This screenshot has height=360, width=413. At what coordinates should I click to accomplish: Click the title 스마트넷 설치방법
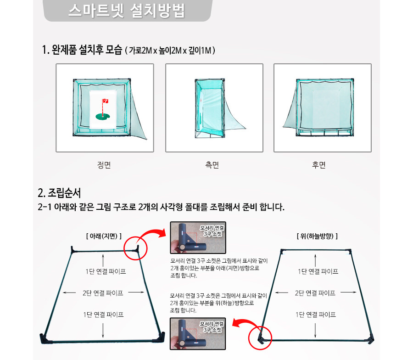point(127,11)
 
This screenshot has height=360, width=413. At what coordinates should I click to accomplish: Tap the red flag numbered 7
point(106,101)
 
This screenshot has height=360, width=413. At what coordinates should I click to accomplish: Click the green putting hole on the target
point(102,116)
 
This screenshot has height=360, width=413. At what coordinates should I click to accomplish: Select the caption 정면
point(104,165)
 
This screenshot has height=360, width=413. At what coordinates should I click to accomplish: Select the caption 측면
point(212,165)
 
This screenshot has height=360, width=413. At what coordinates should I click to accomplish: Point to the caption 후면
point(319,165)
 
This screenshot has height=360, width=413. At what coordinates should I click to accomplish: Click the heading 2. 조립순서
point(59,193)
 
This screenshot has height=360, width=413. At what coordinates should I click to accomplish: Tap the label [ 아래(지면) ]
point(104,236)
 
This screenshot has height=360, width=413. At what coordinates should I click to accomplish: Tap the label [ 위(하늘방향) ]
point(317,236)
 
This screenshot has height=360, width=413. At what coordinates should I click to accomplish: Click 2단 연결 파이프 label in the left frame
point(103,293)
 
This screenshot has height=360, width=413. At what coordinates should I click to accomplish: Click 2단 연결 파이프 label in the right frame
point(315,293)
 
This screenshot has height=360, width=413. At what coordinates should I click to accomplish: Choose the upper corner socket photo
point(198,237)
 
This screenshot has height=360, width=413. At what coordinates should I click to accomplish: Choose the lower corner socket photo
point(198,334)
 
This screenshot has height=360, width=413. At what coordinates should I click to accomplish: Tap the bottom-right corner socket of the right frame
point(371,339)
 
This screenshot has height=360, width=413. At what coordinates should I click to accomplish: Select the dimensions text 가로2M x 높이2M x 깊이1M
point(170,50)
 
